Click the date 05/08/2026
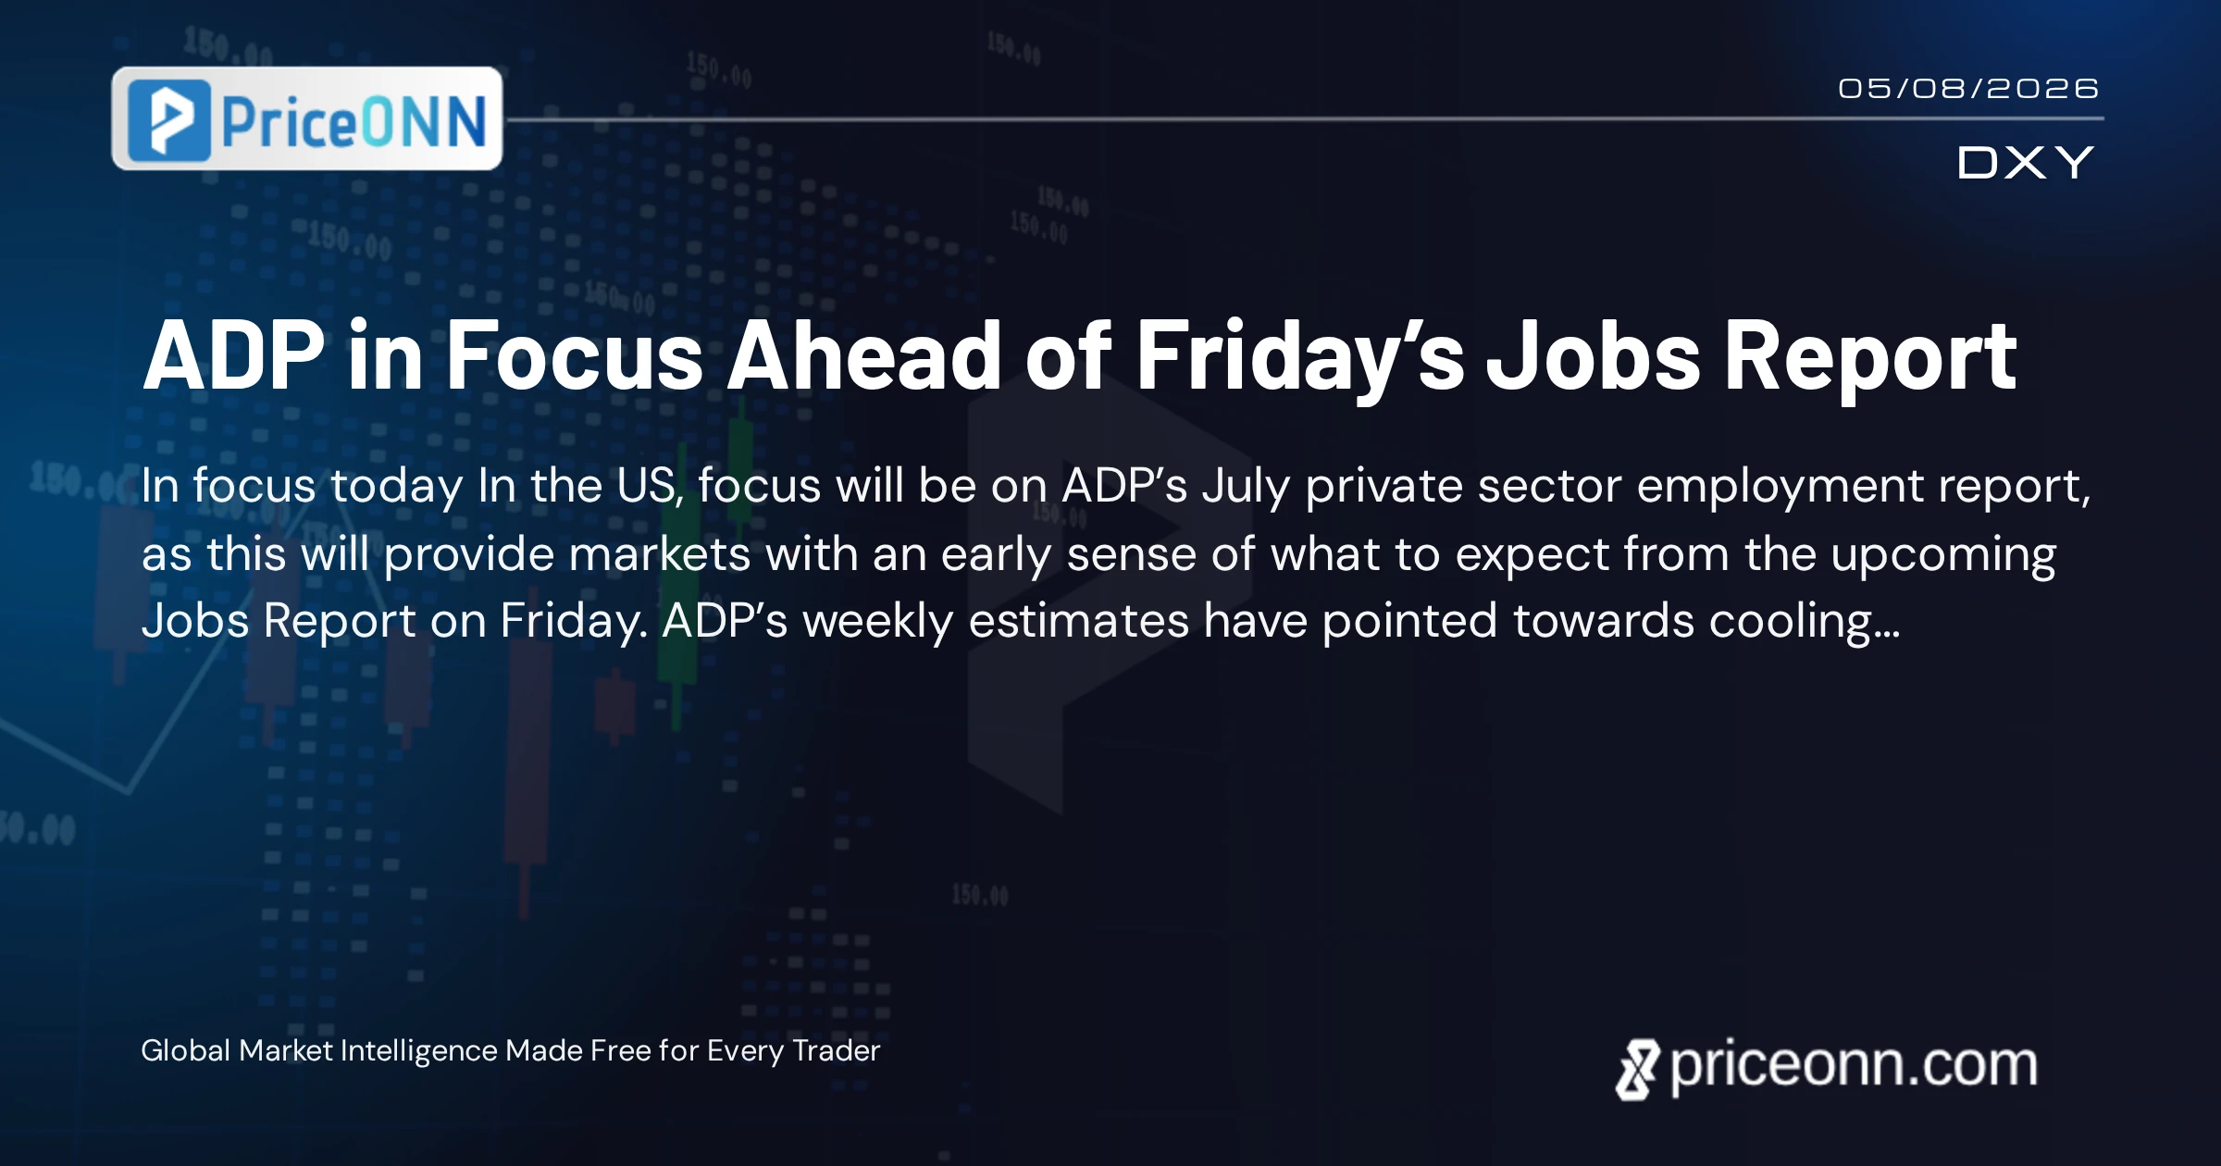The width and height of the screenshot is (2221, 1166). click(x=1968, y=89)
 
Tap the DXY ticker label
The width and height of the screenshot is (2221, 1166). click(x=2025, y=163)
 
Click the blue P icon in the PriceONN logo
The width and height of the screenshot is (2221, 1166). click(x=170, y=120)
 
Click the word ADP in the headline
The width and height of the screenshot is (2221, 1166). click(x=234, y=355)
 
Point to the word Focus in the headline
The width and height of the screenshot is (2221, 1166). click(x=575, y=355)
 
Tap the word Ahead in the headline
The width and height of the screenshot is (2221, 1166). click(x=864, y=355)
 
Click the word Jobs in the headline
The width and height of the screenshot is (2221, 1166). click(x=1594, y=355)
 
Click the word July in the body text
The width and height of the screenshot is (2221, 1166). click(x=1246, y=488)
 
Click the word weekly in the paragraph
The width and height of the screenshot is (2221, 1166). click(x=878, y=622)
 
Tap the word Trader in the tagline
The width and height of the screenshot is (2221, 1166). click(x=837, y=1051)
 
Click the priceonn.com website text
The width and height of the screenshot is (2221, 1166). click(x=1854, y=1067)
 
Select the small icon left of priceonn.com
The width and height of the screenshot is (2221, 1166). click(x=1638, y=1070)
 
